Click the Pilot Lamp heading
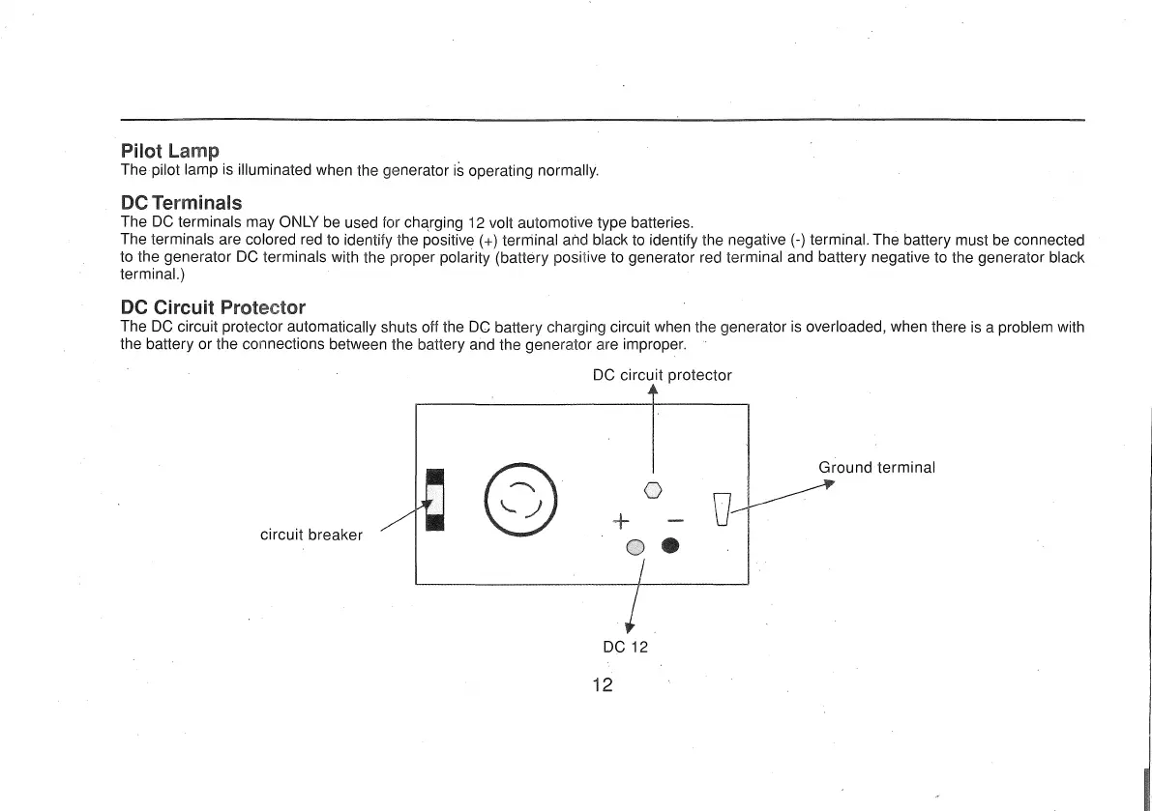click(169, 151)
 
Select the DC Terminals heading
click(181, 203)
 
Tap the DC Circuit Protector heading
click(213, 307)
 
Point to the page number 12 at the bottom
click(603, 685)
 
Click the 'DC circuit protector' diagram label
click(662, 375)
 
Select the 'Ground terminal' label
click(876, 468)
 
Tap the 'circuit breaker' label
click(311, 535)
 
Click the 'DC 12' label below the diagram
click(625, 647)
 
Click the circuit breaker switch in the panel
click(434, 499)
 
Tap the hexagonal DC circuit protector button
click(653, 490)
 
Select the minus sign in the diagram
click(675, 523)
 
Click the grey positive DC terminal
click(635, 547)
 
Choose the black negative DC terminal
click(670, 547)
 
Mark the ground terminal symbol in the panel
click(722, 508)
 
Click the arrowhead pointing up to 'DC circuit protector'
click(653, 391)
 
